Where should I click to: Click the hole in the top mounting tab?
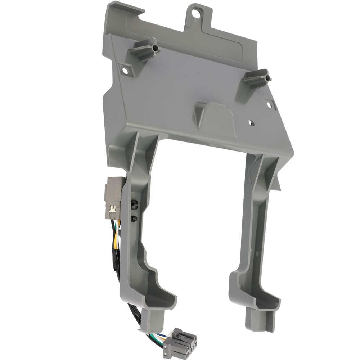coord(196,13)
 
